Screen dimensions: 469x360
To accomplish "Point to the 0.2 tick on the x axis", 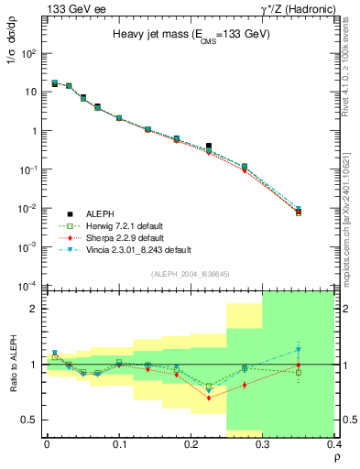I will click(191, 444).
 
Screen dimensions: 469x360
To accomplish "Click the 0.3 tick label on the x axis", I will click(263, 444).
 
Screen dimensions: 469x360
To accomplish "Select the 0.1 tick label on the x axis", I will click(118, 444).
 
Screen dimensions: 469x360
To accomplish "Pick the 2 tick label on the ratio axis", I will click(35, 309).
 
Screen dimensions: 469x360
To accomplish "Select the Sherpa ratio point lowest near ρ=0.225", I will click(209, 398).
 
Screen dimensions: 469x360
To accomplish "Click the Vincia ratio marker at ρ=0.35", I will click(299, 349).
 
